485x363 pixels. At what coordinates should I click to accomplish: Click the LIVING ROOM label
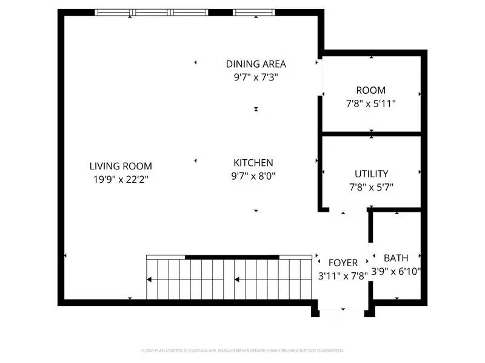click(121, 166)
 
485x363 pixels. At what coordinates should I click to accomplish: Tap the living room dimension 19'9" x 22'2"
click(121, 179)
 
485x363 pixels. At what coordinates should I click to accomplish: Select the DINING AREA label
click(256, 64)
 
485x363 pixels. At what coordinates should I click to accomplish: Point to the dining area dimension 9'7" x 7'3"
click(256, 77)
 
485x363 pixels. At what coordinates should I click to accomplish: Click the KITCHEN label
click(253, 162)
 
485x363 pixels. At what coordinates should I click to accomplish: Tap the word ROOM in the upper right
click(370, 90)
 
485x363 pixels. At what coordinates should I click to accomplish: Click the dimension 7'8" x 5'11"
click(370, 103)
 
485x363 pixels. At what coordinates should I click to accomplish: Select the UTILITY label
click(371, 174)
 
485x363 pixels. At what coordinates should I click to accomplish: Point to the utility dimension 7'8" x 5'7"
click(371, 187)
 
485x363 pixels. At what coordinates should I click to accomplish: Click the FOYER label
click(343, 263)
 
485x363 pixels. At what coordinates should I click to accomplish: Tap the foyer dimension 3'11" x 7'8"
click(343, 276)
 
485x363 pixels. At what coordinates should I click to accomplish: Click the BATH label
click(396, 258)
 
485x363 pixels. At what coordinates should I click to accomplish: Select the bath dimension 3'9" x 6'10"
click(396, 271)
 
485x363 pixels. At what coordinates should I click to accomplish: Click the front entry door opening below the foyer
click(343, 312)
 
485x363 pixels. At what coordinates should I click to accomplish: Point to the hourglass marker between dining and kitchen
click(256, 109)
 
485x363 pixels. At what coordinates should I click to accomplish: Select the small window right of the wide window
click(254, 12)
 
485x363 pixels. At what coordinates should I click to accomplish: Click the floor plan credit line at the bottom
click(242, 350)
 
